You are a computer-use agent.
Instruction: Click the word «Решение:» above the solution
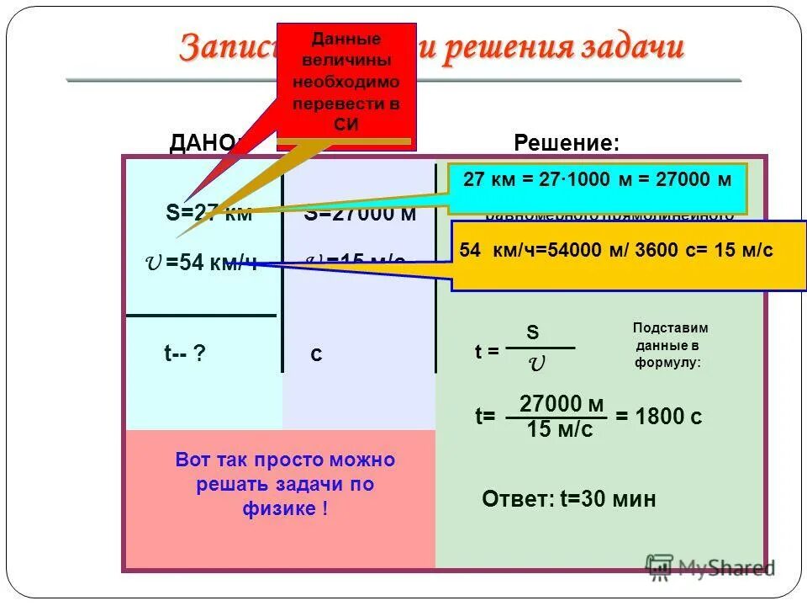point(567,143)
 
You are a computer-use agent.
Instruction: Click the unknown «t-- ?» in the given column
point(184,354)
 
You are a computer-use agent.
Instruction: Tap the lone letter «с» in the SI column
point(316,355)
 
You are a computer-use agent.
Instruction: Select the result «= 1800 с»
point(658,417)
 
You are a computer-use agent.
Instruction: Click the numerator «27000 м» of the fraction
point(562,404)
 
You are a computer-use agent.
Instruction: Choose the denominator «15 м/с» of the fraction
point(560,431)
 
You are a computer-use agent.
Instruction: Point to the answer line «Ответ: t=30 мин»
point(568,500)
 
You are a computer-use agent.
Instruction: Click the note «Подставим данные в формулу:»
point(670,345)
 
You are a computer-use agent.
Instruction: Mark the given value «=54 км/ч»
point(210,263)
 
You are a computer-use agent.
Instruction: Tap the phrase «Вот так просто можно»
point(285,460)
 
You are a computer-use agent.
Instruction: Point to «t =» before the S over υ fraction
point(488,353)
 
